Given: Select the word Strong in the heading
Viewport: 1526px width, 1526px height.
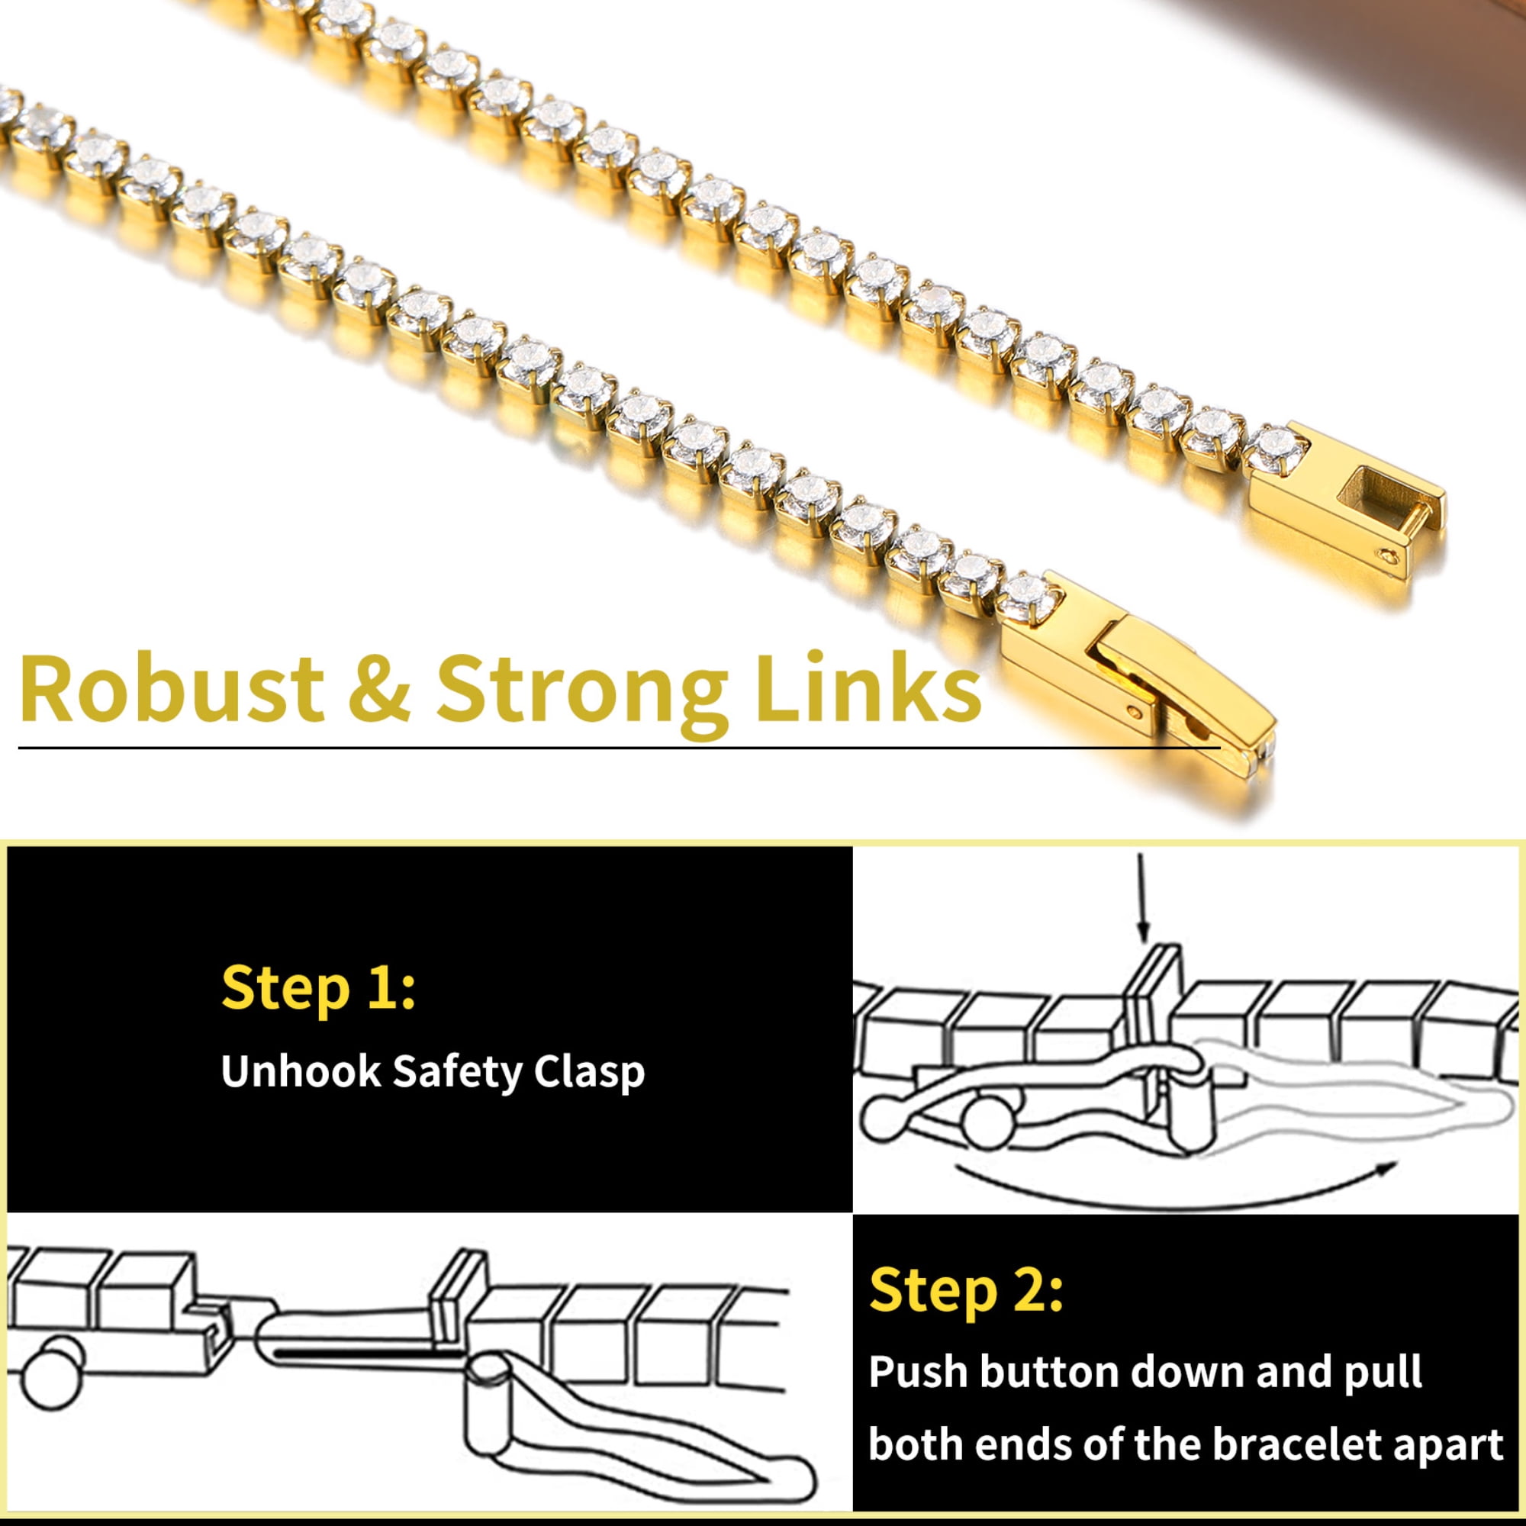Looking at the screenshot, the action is pyautogui.click(x=583, y=695).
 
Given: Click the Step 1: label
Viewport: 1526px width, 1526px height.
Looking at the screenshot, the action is pyautogui.click(x=318, y=988).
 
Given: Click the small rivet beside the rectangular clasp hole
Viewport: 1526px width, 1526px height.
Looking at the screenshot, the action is pyautogui.click(x=1391, y=558).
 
